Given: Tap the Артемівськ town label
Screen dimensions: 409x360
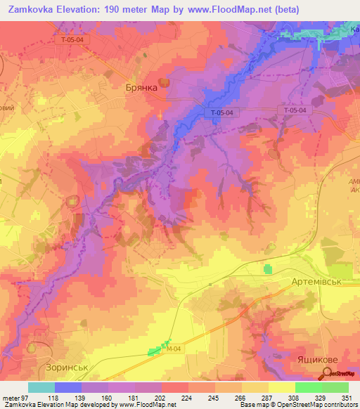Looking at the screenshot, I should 316,281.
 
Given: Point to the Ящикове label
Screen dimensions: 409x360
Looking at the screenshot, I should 314,359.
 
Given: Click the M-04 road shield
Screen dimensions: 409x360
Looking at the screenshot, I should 173,346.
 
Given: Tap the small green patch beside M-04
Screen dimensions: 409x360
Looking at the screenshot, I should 155,351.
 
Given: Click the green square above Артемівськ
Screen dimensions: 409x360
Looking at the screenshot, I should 267,268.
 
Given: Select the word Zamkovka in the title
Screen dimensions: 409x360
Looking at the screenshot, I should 32,10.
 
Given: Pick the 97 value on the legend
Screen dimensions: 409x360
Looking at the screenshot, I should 27,397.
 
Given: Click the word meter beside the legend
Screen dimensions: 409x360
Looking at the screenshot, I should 10,397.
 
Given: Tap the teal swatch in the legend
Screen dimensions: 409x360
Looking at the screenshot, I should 41,387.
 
